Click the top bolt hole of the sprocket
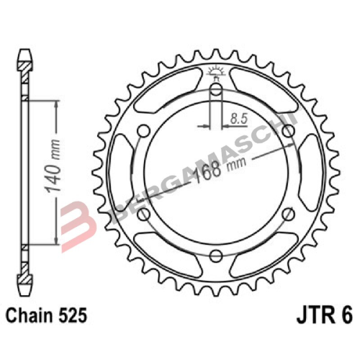[x=215, y=90]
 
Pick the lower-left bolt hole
[x=144, y=214]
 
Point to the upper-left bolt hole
[x=144, y=130]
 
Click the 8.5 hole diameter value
[x=238, y=116]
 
